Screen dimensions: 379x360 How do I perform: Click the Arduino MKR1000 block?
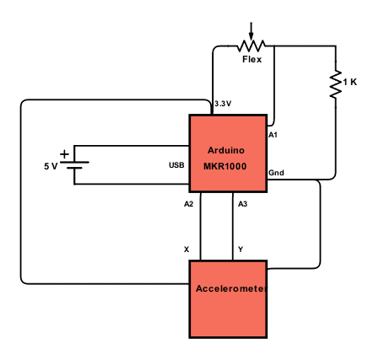228,153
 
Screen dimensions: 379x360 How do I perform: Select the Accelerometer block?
228,299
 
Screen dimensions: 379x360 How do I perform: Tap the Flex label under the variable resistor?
252,59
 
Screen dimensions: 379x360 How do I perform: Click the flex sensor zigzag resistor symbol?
252,46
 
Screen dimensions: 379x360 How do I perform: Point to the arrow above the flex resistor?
251,31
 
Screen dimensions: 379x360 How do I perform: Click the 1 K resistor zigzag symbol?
336,84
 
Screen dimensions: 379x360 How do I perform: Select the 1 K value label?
350,82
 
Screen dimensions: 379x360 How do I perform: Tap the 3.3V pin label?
223,104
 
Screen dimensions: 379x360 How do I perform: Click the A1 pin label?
273,135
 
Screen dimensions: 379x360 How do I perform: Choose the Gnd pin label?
276,173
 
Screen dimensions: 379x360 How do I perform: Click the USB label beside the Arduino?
176,165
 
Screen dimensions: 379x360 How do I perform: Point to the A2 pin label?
188,204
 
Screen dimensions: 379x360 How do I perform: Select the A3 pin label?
242,204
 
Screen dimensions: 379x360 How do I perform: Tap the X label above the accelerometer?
187,250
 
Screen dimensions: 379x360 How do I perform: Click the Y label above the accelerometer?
241,250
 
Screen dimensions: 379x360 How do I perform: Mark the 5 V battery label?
51,166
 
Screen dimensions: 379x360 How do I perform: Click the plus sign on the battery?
64,154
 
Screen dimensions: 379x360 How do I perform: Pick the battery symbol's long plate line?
74,162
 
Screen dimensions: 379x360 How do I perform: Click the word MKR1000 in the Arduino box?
225,166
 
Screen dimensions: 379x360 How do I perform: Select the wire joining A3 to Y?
233,227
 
